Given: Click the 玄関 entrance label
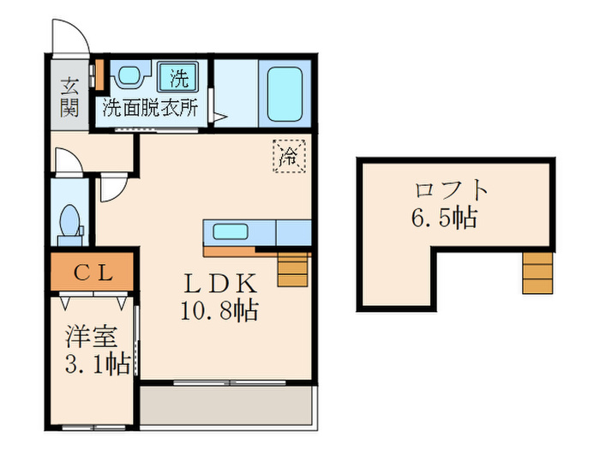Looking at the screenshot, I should pos(69,96).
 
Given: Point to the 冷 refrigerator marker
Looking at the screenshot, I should pos(289,156).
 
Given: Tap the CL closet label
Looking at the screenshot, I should pos(92,273).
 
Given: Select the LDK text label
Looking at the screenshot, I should pos(219,283).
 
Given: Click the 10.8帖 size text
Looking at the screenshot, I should pos(219,310).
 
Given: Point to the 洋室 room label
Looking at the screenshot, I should pos(89,337).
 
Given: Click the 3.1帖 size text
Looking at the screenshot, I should pos(96,364).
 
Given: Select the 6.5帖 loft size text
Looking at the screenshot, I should pos(442,218).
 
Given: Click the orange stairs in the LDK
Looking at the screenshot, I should pos(291,269).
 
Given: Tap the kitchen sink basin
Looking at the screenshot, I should pos(230,232).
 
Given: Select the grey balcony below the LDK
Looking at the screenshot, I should pos(227,403).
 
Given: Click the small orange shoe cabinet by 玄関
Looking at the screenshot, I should pos(99,73).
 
